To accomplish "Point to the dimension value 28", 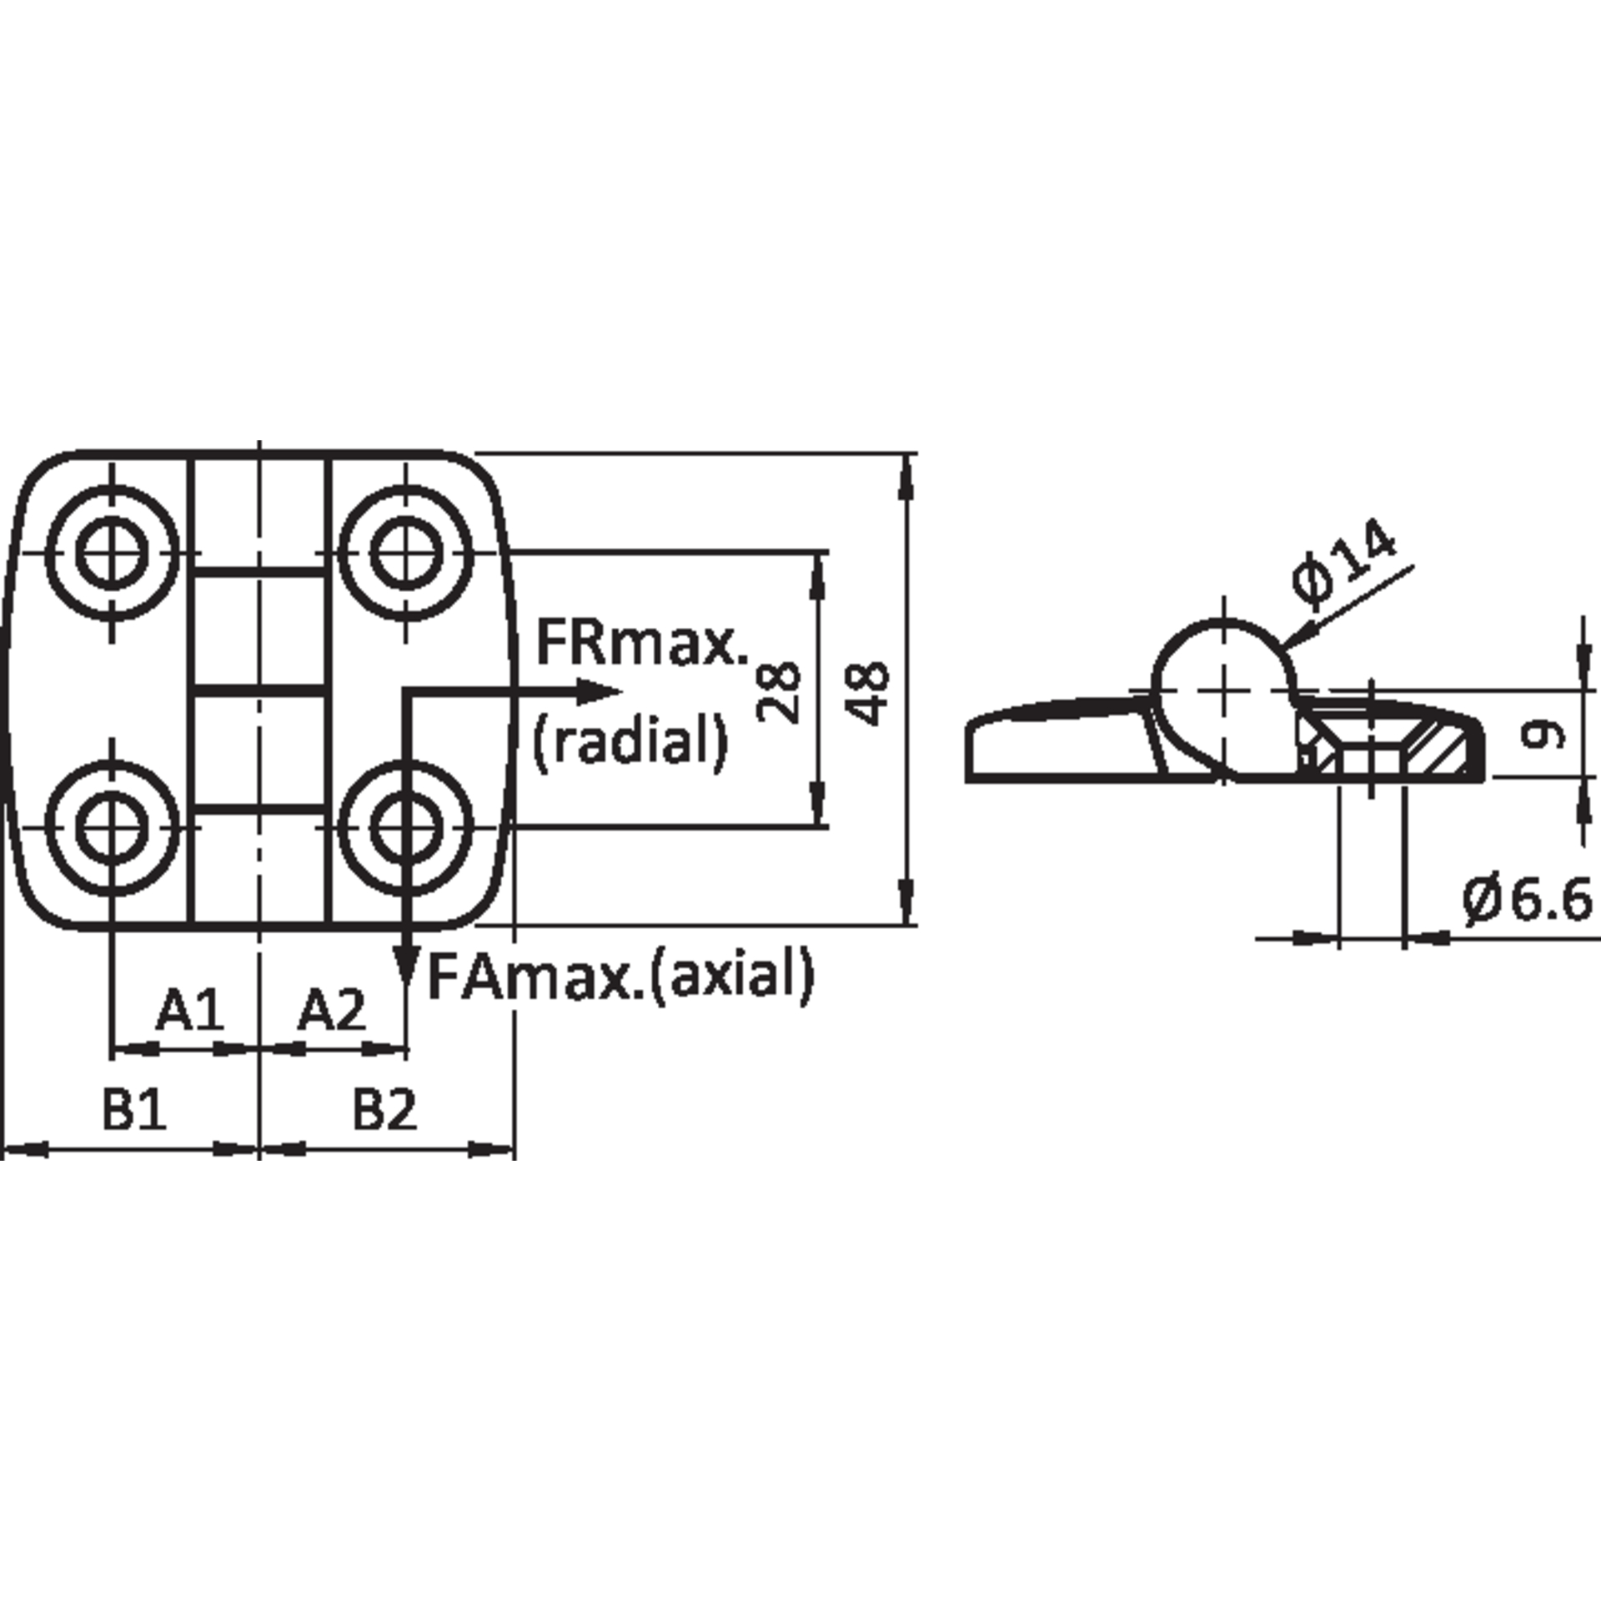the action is click(x=779, y=691).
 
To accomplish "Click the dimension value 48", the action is click(x=867, y=693).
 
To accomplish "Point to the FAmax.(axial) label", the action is click(x=620, y=975).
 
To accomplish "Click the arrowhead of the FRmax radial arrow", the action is click(x=600, y=690).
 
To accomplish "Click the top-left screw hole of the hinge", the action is click(x=112, y=552).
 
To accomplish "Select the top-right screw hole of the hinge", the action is click(x=406, y=552).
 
